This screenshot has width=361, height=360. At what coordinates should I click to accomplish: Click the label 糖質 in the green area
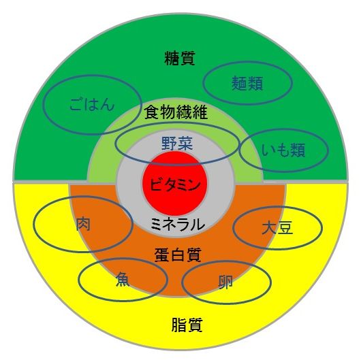pos(180,59)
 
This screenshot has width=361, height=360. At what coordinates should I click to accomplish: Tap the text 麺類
pos(247,83)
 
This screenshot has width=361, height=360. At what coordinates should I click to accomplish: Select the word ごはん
pos(92,105)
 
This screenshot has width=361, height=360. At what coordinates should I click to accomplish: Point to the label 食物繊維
pos(176,112)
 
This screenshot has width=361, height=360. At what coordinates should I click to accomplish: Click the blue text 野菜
pos(177,144)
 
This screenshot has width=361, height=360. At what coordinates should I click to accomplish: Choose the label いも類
pos(283,150)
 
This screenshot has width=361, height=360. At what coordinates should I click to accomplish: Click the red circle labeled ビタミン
pos(175,183)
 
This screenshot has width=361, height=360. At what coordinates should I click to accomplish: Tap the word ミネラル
pos(178,225)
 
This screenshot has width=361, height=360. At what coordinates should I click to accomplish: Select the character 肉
pos(83,224)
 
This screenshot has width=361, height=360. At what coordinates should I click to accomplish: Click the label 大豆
pos(277,227)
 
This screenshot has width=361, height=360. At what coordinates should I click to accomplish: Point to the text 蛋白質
pos(178,255)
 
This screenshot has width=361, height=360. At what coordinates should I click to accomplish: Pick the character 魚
pos(123,279)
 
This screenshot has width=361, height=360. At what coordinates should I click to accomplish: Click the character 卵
pos(225,282)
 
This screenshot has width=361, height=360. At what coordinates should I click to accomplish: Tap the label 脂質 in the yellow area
pos(187,325)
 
